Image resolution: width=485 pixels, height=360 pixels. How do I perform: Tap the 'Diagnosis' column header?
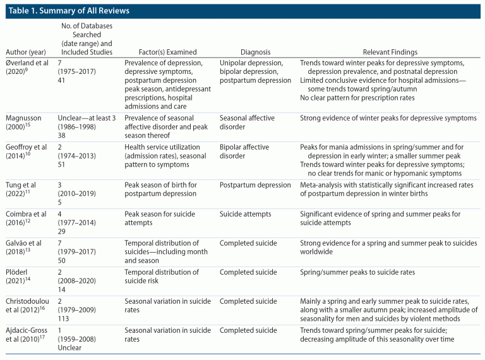point(255,52)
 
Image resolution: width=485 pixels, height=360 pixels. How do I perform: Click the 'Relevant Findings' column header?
point(390,52)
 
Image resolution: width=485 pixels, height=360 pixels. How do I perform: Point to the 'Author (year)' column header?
point(25,52)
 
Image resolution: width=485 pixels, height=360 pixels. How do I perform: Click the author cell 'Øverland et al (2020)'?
point(27,68)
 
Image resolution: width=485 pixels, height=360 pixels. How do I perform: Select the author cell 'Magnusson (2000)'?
point(23,123)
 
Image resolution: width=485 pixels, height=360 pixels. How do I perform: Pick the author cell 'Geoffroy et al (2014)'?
point(27,151)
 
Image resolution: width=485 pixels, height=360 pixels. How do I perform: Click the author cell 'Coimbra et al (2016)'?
point(26,219)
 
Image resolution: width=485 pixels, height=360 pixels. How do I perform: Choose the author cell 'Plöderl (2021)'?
point(20,277)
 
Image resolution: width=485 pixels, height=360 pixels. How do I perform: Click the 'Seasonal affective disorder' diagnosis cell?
point(247,123)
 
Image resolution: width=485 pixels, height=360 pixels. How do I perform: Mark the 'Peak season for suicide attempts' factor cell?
point(156,219)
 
